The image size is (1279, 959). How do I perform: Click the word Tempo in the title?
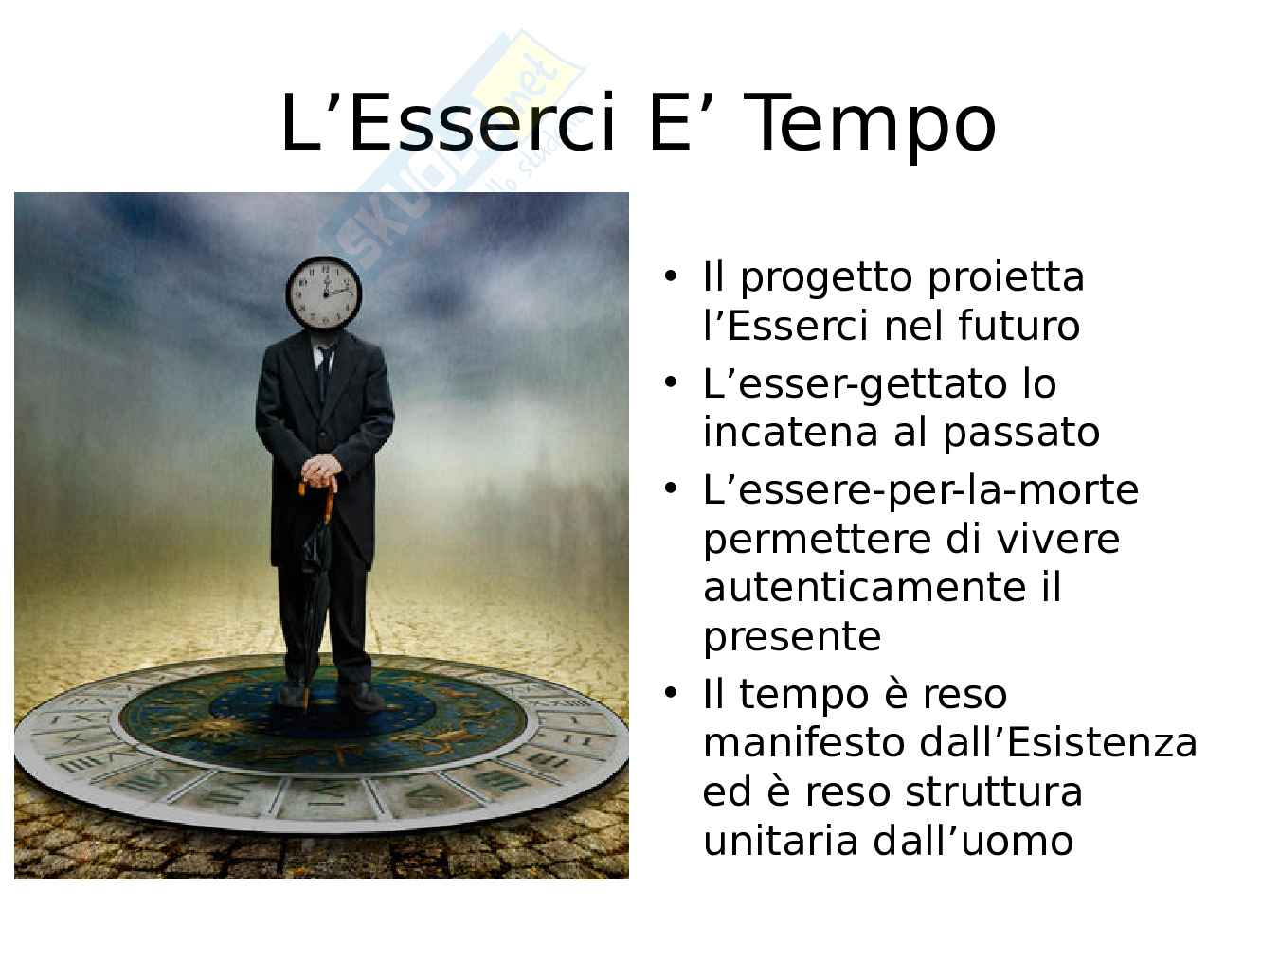pyautogui.click(x=871, y=124)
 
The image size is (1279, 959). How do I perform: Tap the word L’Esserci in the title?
pyautogui.click(x=447, y=122)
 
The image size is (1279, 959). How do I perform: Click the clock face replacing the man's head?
pyautogui.click(x=324, y=293)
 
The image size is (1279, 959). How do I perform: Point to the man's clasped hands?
pyautogui.click(x=320, y=472)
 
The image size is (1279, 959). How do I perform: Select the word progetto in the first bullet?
pyautogui.click(x=826, y=278)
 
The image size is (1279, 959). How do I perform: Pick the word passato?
pyautogui.click(x=1021, y=434)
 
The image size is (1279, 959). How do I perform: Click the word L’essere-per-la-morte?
pyautogui.click(x=921, y=490)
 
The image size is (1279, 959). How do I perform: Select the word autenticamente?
pyautogui.click(x=864, y=588)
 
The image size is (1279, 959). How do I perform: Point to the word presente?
pyautogui.click(x=792, y=638)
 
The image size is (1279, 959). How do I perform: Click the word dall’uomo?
pyautogui.click(x=972, y=841)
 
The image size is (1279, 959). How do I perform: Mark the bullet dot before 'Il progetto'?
pyautogui.click(x=671, y=276)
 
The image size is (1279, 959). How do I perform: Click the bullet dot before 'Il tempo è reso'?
pyautogui.click(x=671, y=694)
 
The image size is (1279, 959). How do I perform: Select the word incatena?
pyautogui.click(x=790, y=433)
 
